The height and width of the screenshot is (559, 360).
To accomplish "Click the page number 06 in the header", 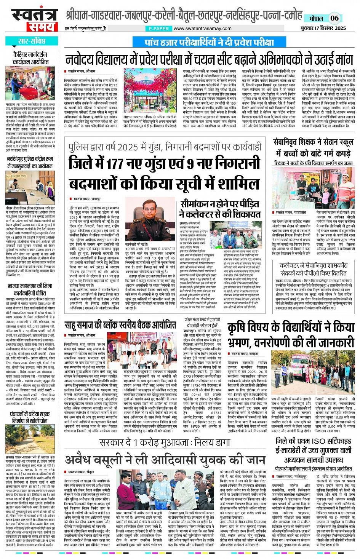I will [334, 18].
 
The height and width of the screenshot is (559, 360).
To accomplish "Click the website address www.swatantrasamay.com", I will [202, 29].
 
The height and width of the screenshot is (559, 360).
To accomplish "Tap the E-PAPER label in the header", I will [159, 29].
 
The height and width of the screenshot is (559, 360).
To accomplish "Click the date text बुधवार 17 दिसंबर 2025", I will [323, 28].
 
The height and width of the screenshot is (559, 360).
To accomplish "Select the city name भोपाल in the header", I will [316, 18].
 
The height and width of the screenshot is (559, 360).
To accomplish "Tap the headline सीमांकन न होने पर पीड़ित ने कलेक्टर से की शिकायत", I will [220, 209].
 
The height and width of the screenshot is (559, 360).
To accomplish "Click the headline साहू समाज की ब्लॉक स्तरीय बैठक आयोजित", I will [120, 325].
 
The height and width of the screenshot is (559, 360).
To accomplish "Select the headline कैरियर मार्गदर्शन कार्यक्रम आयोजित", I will [30, 58].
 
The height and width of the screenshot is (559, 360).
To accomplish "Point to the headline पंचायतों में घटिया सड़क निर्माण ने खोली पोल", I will [30, 417].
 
